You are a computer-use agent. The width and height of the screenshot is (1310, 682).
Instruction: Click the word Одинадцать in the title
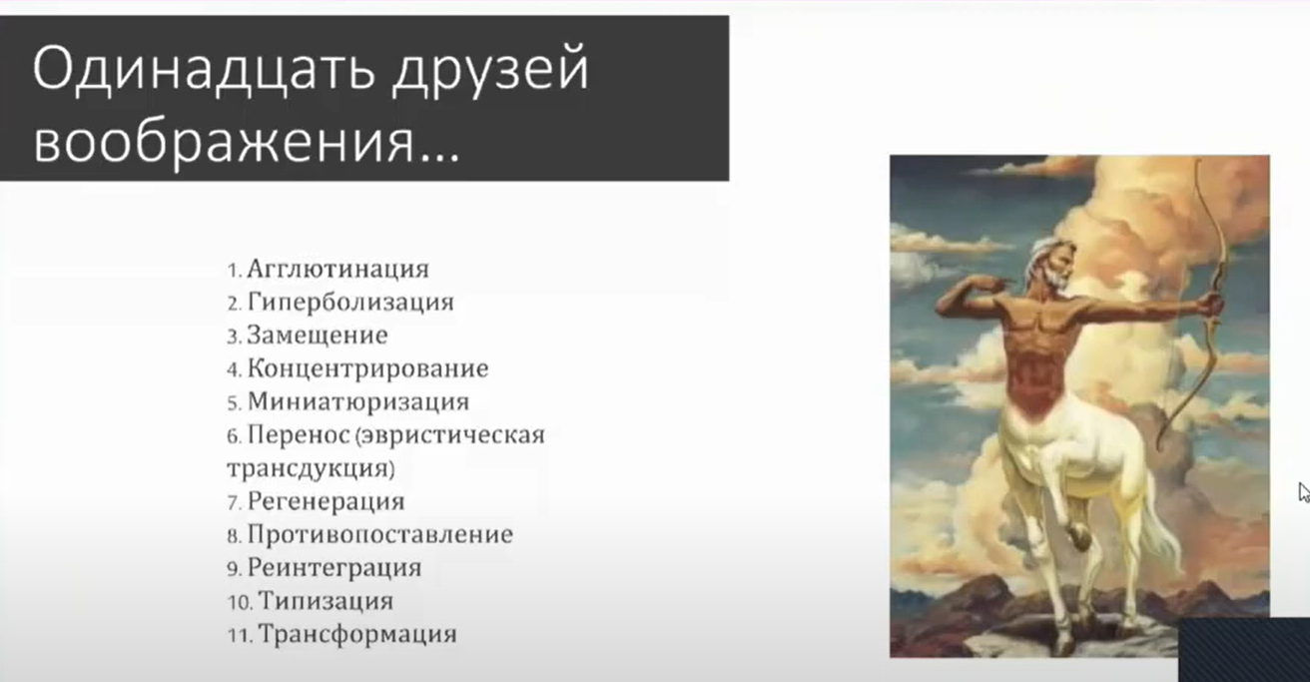pyautogui.click(x=204, y=69)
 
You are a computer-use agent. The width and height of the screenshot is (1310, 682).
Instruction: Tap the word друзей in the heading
pyautogui.click(x=490, y=73)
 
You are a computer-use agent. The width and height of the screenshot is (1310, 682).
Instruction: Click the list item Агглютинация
pyautogui.click(x=337, y=269)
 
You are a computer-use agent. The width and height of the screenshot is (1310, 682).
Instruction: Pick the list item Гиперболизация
pyautogui.click(x=350, y=303)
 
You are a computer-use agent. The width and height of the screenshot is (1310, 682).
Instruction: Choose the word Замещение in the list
pyautogui.click(x=317, y=336)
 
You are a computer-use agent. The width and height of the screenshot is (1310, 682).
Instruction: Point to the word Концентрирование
pyautogui.click(x=367, y=368)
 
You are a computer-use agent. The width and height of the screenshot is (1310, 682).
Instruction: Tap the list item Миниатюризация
pyautogui.click(x=357, y=401)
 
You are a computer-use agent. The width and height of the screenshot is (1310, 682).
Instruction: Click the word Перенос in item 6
pyautogui.click(x=299, y=434)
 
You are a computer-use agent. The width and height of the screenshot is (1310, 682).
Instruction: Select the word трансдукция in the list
pyautogui.click(x=309, y=468)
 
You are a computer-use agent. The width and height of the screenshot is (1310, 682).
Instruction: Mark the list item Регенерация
pyautogui.click(x=326, y=501)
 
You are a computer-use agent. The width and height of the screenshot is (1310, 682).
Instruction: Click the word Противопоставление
pyautogui.click(x=380, y=534)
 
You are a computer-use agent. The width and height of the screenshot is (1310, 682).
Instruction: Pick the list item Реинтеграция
pyautogui.click(x=333, y=568)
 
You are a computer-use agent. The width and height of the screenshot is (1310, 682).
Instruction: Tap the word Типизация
pyautogui.click(x=326, y=601)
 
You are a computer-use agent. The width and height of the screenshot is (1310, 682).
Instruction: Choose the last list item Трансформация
pyautogui.click(x=357, y=634)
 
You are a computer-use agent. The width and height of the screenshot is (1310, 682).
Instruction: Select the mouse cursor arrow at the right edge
pyautogui.click(x=1304, y=492)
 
